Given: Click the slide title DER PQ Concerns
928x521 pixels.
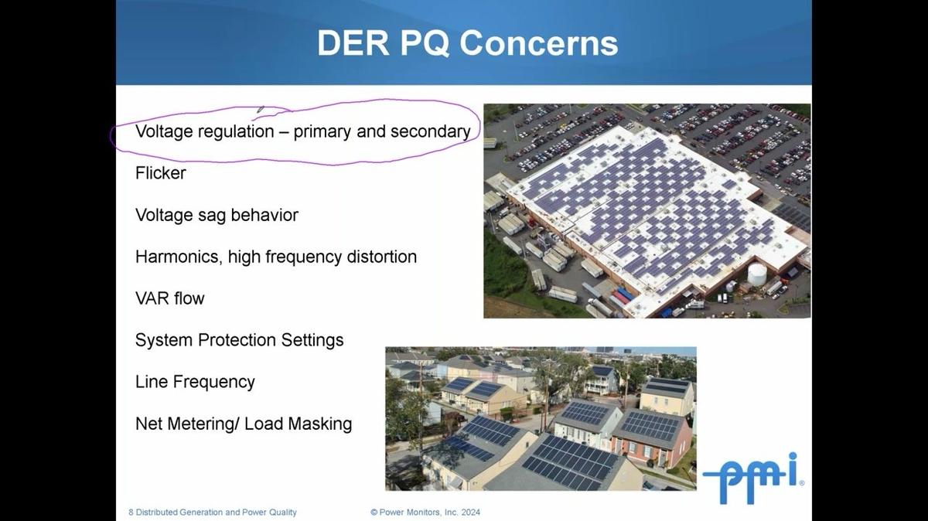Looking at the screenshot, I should click(x=467, y=43).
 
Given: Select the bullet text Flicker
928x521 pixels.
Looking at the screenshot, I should click(x=160, y=173).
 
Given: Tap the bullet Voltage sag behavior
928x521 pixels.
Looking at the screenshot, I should click(x=217, y=215).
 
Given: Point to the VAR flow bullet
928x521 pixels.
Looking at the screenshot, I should click(x=169, y=298).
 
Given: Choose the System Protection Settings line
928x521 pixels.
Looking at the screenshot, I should click(x=239, y=340).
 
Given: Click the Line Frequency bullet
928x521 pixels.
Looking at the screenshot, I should click(x=195, y=382).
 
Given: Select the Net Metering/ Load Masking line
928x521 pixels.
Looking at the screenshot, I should click(x=243, y=424).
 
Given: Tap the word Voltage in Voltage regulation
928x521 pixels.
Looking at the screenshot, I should click(x=164, y=131).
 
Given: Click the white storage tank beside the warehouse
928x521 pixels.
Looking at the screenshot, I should click(x=756, y=273).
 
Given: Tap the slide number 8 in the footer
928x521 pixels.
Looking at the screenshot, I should click(x=131, y=512).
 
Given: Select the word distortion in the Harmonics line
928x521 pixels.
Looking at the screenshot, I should click(x=380, y=257).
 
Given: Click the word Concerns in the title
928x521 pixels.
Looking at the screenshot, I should click(x=539, y=43).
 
